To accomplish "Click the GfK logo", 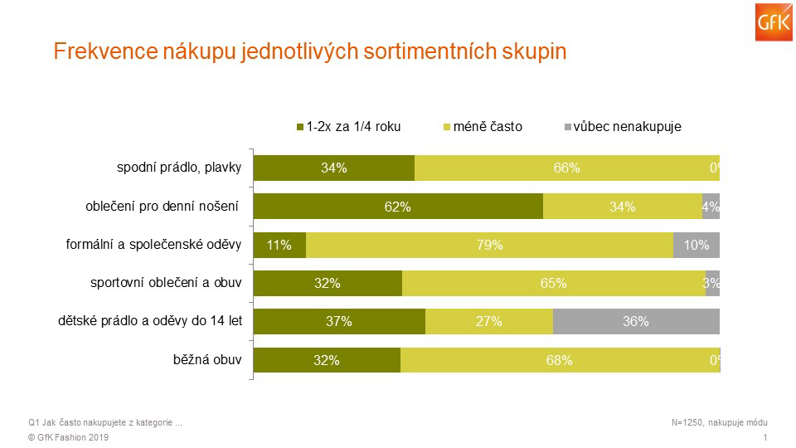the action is click(774, 22).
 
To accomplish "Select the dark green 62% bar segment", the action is click(398, 207).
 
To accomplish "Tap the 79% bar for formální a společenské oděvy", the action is click(489, 245).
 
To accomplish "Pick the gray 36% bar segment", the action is click(636, 321).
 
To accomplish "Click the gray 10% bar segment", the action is click(696, 245).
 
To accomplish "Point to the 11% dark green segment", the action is click(279, 245).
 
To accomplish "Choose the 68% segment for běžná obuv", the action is click(560, 359).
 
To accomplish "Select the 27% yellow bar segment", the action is click(489, 321).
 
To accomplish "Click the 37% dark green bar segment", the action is click(339, 321).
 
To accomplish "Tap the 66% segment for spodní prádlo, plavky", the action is click(566, 168).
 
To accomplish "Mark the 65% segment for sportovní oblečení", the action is click(554, 283).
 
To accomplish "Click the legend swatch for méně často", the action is click(447, 127).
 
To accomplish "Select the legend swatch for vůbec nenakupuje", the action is click(567, 127).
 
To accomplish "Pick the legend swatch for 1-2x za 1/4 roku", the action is click(300, 127).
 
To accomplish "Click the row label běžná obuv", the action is click(207, 359).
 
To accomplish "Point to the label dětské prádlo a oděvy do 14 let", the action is click(150, 321).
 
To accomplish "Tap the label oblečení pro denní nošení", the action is click(162, 207).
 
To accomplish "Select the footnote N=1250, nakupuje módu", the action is click(720, 422).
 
